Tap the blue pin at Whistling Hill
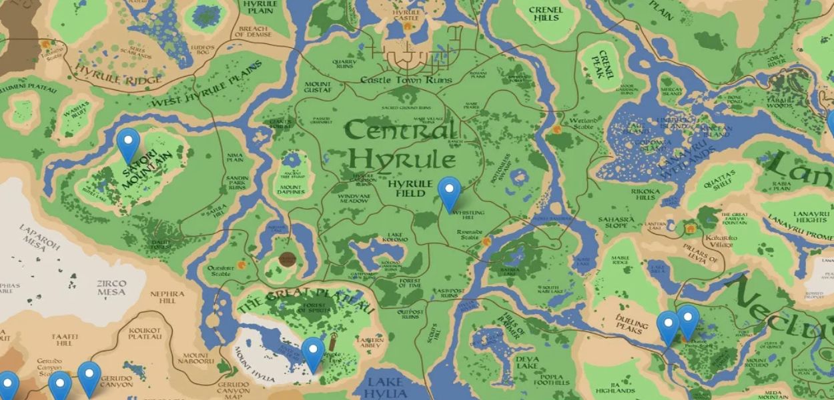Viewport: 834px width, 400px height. tap(450, 192)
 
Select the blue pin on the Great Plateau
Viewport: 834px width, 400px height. tap(313, 353)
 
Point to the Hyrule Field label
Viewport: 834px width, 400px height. tap(407, 188)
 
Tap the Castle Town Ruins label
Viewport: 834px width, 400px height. tap(406, 80)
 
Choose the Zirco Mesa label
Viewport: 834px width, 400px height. tap(111, 287)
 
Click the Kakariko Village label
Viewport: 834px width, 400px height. tap(718, 241)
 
